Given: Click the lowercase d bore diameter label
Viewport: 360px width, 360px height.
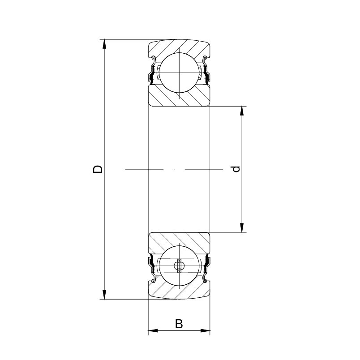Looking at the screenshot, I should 237,169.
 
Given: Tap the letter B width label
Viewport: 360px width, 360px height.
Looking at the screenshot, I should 179,323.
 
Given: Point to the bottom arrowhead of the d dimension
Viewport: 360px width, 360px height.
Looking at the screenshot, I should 242,228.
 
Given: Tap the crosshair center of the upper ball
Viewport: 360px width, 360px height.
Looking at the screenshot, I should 179,72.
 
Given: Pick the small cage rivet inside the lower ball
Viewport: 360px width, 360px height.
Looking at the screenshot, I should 179,267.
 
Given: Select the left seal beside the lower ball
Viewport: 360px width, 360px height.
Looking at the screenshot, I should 153,268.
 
